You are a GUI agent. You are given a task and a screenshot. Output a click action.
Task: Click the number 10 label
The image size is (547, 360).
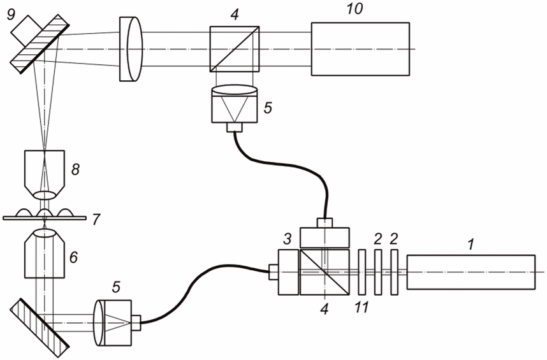(354, 10)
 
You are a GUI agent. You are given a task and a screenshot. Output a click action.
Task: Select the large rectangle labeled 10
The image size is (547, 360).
(360, 49)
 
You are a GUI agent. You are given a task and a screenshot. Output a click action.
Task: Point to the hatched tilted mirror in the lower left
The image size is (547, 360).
(39, 328)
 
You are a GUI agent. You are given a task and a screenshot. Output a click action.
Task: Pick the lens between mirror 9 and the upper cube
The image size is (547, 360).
(131, 49)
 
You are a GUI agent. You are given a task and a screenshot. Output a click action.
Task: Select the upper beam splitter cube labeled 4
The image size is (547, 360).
(235, 49)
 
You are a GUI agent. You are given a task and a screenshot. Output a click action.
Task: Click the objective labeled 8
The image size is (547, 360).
(45, 174)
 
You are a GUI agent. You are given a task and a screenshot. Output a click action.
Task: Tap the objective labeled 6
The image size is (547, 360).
(45, 254)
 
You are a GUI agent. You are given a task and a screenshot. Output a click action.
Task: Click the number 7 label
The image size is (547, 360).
(96, 220)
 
